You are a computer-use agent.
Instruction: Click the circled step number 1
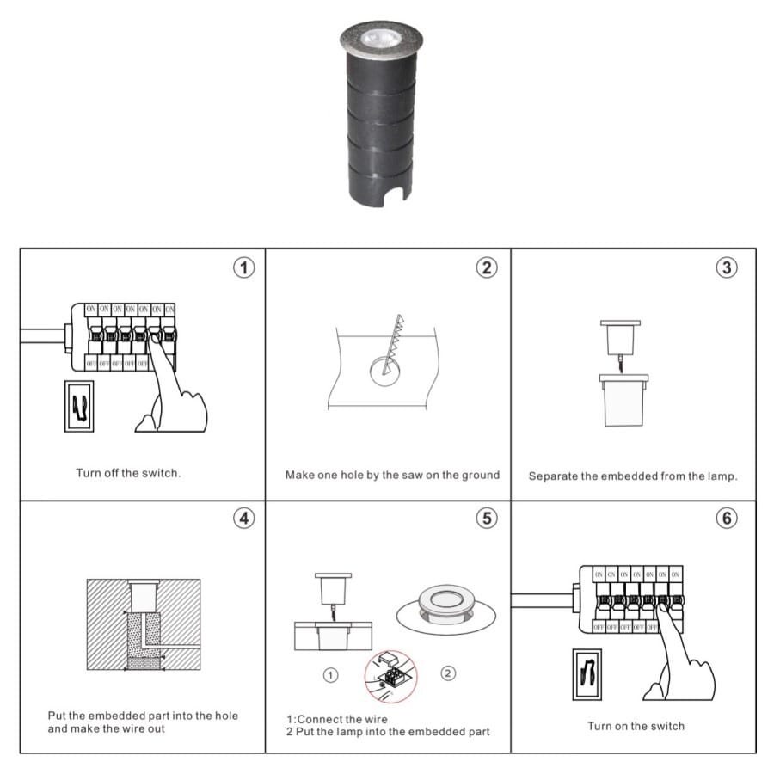coord(245,267)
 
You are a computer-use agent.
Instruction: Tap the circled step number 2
coord(487,267)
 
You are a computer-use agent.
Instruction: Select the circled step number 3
coord(728,267)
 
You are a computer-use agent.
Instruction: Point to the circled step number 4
coord(245,519)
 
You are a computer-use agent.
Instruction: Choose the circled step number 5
coord(487,519)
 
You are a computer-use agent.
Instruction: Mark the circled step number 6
coord(728,519)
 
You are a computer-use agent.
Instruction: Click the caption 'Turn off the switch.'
coord(128,474)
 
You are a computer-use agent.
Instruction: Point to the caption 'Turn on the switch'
coord(636,726)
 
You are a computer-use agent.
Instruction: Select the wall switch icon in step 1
coord(79,405)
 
